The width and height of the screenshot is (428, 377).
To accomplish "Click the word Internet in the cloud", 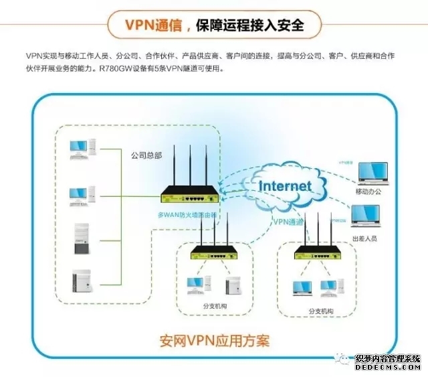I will click(285, 185).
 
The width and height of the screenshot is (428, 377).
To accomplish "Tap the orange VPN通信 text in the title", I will click(155, 25).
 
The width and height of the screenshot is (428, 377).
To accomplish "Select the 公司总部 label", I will click(146, 155).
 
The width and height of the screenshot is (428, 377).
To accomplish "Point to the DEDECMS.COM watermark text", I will click(387, 367).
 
